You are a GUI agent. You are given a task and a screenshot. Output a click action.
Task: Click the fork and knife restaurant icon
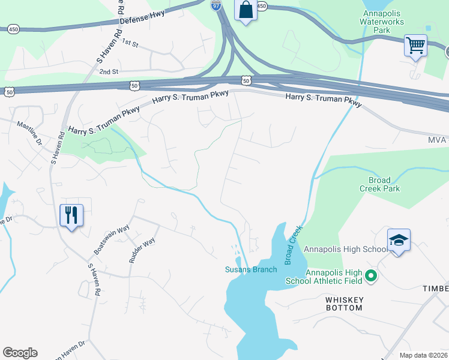pyautogui.click(x=71, y=214)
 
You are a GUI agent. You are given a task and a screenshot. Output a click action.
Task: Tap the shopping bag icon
pyautogui.click(x=246, y=10)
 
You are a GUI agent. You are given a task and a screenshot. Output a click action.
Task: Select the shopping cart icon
pyautogui.click(x=415, y=45)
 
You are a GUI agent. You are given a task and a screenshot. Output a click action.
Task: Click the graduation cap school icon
pyautogui.click(x=399, y=240)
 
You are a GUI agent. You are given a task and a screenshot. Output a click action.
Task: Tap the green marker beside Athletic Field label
pyautogui.click(x=371, y=277)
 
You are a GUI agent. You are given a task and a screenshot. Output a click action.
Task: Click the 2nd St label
pyautogui.click(x=109, y=71)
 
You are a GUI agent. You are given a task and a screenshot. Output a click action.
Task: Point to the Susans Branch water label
pyautogui.click(x=251, y=269)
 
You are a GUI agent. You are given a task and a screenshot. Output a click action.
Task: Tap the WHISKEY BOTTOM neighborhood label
pyautogui.click(x=344, y=303)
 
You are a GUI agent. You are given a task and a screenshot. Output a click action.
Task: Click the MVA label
pyautogui.click(x=437, y=140)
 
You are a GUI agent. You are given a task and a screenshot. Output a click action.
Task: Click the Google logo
pyautogui.click(x=20, y=353)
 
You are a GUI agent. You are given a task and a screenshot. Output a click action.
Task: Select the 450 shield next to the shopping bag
pyautogui.click(x=261, y=5)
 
